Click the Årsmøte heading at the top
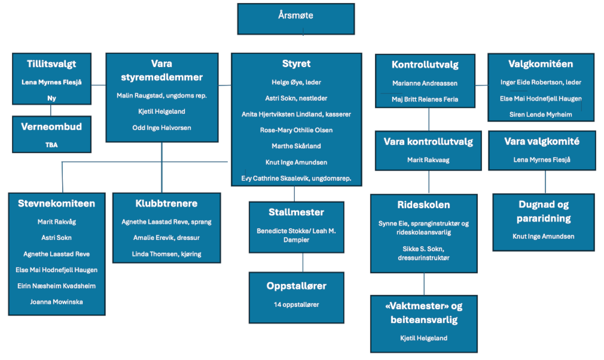click(295, 16)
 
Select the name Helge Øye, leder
click(296, 81)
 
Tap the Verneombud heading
click(51, 127)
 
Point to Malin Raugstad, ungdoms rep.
click(161, 95)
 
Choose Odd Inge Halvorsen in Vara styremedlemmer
click(161, 127)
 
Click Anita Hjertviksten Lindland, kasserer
click(296, 114)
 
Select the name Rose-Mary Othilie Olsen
click(296, 130)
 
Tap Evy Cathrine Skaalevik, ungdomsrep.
click(296, 178)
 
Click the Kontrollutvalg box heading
click(425, 65)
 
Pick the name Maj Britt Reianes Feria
click(425, 99)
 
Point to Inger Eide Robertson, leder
click(541, 82)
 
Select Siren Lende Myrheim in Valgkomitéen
click(541, 114)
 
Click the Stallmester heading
click(296, 212)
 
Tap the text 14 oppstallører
click(296, 304)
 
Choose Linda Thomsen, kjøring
click(166, 254)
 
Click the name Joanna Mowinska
click(56, 302)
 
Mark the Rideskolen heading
click(423, 205)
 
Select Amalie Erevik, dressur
click(166, 238)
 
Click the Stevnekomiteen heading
click(56, 203)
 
